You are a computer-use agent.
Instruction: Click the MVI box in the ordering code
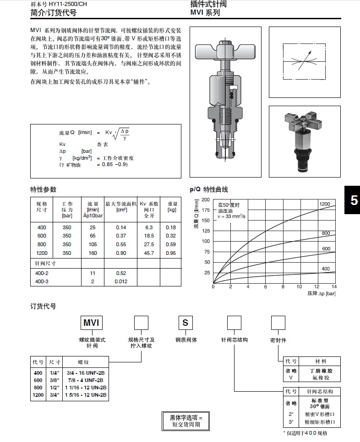tap(91, 323)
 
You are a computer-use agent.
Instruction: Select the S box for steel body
tap(185, 323)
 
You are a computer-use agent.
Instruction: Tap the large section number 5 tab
tap(354, 200)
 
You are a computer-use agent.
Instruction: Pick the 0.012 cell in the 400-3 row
tap(121, 281)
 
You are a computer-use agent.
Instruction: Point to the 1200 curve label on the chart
tap(324, 204)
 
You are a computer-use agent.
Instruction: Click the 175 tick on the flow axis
tap(206, 210)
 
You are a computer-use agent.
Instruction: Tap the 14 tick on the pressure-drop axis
tap(334, 287)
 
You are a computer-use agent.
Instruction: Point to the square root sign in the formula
tap(116, 134)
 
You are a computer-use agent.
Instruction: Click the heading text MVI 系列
tap(205, 13)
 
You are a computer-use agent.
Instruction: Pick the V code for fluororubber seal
tap(288, 378)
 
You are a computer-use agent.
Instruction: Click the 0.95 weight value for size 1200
tap(171, 253)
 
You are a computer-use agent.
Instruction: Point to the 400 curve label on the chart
tap(325, 269)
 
